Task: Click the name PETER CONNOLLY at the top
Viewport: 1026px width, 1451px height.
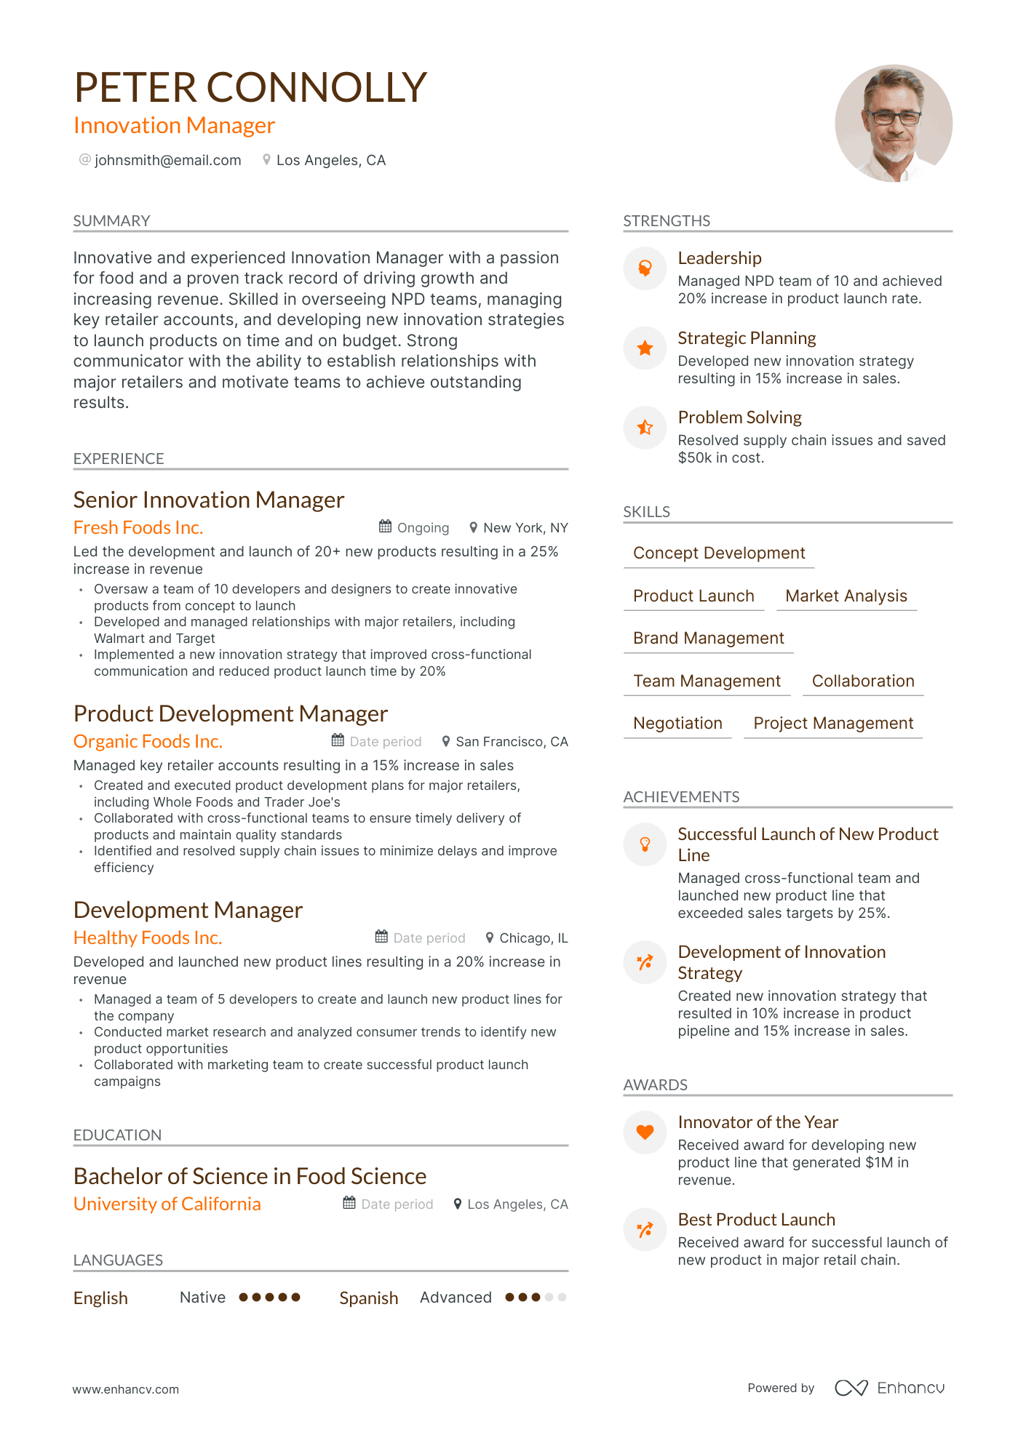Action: [x=250, y=87]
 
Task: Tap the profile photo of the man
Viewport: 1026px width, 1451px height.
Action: [x=893, y=124]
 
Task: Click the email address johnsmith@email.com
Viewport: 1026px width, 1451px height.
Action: [x=167, y=160]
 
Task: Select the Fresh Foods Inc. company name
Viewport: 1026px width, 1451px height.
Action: [x=138, y=527]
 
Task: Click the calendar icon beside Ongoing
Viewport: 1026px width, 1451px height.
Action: [x=385, y=527]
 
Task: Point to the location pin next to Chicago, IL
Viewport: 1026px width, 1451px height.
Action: [x=490, y=938]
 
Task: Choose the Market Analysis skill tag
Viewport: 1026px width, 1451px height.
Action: [x=846, y=596]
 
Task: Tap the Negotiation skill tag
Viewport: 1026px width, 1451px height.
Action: [x=677, y=723]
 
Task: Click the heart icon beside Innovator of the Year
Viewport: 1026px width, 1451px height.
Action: [x=645, y=1132]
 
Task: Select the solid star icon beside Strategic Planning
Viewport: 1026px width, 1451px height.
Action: [x=645, y=348]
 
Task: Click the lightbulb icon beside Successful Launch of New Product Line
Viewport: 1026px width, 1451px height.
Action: [x=645, y=844]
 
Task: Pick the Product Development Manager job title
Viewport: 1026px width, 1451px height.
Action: [x=231, y=713]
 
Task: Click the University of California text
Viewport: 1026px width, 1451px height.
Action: [x=167, y=1204]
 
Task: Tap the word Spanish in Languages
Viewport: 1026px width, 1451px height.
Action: [x=368, y=1298]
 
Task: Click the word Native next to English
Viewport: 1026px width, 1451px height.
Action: [x=202, y=1298]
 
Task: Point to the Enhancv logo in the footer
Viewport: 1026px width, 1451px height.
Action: [x=889, y=1388]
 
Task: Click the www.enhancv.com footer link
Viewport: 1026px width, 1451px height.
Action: [x=125, y=1389]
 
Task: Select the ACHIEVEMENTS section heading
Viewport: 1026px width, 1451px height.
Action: [x=681, y=796]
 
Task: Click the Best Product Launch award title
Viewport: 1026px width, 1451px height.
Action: [x=756, y=1220]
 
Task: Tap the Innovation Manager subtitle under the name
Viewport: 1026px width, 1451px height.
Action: [x=174, y=126]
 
